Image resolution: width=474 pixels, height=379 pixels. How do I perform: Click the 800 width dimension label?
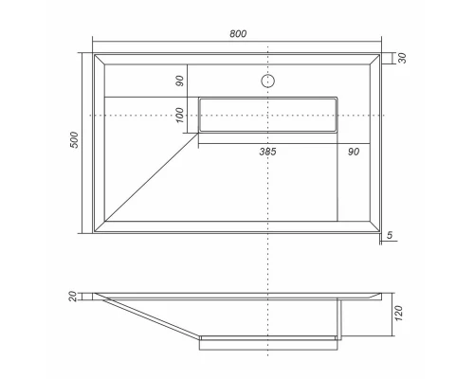pos(238,34)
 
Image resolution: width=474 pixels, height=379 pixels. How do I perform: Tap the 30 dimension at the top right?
pos(401,59)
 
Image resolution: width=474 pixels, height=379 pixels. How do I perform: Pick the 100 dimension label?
pos(180,115)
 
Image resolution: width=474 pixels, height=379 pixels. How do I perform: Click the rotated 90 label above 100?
pos(180,81)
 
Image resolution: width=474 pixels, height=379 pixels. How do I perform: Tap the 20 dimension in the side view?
pos(73,298)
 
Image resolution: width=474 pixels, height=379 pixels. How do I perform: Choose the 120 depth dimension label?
pos(401,315)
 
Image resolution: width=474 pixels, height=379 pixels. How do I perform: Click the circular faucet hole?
pos(269,81)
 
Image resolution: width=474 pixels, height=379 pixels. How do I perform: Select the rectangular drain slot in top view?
pos(269,115)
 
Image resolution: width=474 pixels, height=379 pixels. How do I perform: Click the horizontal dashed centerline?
pos(142,115)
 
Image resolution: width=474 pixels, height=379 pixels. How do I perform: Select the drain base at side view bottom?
pos(269,341)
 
